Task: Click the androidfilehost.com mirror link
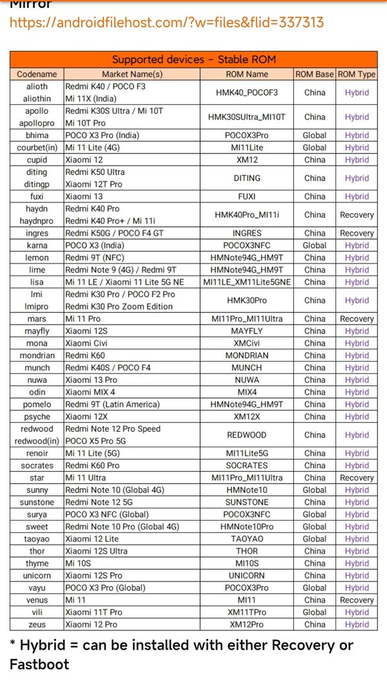166,22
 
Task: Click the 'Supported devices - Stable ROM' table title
194,60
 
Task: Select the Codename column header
37,75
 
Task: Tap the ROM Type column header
356,75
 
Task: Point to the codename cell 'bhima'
37,136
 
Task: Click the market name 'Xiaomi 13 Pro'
91,380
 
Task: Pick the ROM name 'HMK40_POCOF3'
247,93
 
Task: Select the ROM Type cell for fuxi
356,197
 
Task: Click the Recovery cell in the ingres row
356,233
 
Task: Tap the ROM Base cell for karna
314,245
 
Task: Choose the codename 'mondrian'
37,355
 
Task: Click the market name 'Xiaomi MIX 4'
91,392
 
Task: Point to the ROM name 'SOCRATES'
247,465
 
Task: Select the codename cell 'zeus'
37,624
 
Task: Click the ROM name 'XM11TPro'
247,612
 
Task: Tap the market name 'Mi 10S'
80,563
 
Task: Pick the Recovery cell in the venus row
356,600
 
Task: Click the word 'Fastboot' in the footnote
39,664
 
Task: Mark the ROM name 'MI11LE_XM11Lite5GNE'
247,282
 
